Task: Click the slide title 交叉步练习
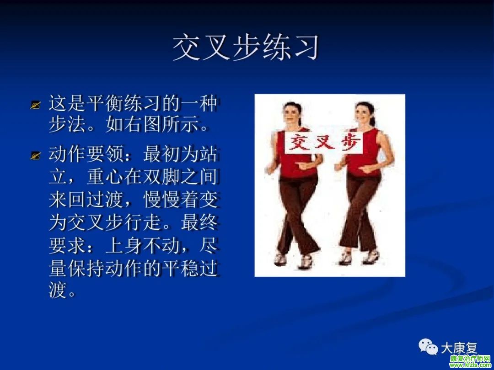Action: click(247, 48)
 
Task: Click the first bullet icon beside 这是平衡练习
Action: click(36, 105)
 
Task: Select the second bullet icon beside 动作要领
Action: click(36, 155)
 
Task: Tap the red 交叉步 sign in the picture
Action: click(324, 143)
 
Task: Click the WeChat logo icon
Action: click(428, 346)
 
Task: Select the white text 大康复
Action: click(459, 348)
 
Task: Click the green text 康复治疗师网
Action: click(470, 359)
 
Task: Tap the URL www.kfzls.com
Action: click(470, 365)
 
